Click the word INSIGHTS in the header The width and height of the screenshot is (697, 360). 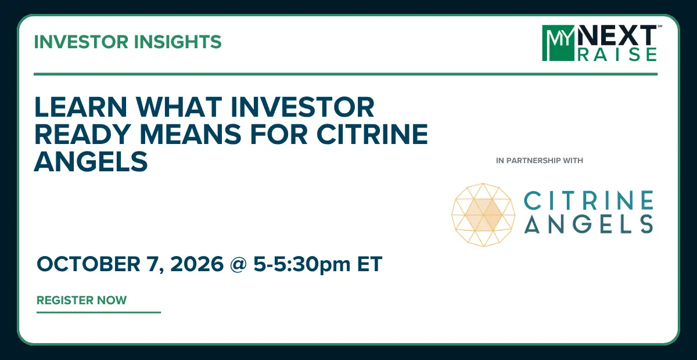(178, 42)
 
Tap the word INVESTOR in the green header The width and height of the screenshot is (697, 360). (81, 42)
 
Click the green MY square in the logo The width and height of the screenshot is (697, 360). (559, 43)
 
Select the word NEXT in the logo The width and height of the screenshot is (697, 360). (617, 35)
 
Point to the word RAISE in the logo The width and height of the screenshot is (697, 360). (617, 55)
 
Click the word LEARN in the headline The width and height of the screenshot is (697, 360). (81, 107)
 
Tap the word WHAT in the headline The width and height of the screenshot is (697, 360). (179, 107)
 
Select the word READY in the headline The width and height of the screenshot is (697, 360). (82, 134)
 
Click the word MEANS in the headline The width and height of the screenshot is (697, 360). (190, 134)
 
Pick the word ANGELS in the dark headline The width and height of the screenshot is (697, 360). (91, 161)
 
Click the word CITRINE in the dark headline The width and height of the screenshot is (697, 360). (372, 134)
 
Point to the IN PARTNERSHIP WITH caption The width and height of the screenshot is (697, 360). (540, 161)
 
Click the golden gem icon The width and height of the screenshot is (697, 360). (483, 215)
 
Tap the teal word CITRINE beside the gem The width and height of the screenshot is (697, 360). (589, 200)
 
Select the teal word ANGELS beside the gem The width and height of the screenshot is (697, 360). (589, 224)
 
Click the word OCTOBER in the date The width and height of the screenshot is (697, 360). (89, 264)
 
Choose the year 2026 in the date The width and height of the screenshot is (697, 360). (197, 264)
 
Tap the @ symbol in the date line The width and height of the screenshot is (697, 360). (238, 264)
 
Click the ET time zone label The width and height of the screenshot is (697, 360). (369, 264)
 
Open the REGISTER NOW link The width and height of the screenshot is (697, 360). (81, 300)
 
